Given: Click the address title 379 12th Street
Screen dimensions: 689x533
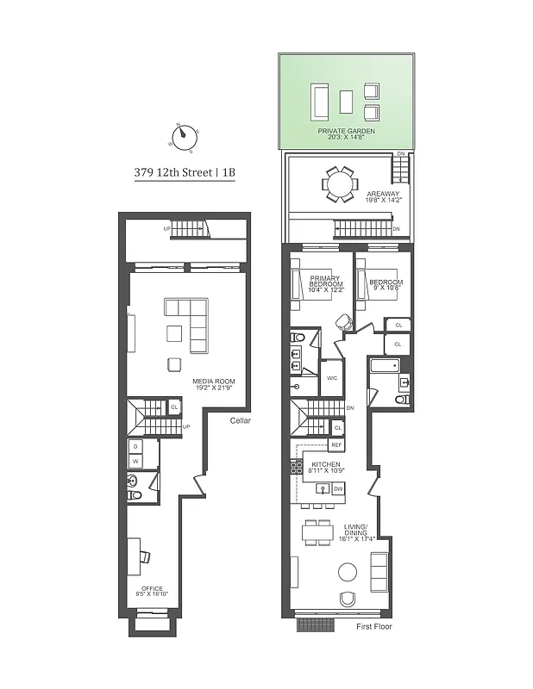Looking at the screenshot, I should (x=184, y=171).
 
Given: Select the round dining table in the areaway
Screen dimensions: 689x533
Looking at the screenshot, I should (x=336, y=183).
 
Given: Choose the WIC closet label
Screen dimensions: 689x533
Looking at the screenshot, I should (x=331, y=378).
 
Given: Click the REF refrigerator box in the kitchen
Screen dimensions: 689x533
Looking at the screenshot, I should (x=336, y=445).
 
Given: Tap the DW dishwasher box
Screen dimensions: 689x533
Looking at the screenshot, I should (x=338, y=488).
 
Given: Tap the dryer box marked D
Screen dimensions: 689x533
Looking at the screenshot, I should (x=135, y=446).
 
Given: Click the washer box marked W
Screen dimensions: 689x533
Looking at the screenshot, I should (x=135, y=461).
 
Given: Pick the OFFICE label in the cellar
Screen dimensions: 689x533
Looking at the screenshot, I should (x=152, y=590).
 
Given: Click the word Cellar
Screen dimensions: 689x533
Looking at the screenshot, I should (x=241, y=421).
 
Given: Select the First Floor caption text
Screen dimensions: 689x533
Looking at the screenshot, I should (x=373, y=626).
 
